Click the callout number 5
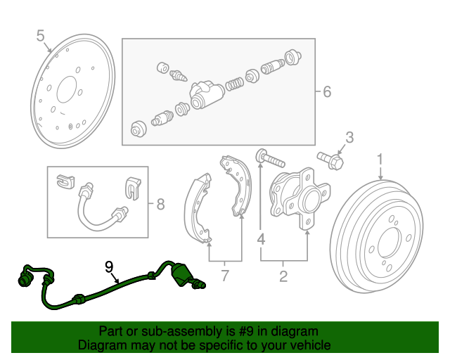(41, 36)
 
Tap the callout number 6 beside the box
(327, 91)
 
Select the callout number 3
(349, 138)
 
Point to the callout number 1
(380, 160)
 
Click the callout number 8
(160, 204)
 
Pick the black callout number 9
(109, 267)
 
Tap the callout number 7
(225, 276)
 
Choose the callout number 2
(283, 276)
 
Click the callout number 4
(261, 239)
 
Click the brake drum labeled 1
(377, 236)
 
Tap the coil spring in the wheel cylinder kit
(234, 84)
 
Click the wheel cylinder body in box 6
(206, 95)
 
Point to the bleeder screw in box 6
(178, 75)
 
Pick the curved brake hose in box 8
(102, 207)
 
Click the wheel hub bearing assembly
(300, 198)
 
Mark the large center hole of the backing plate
(67, 89)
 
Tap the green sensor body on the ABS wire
(181, 275)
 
